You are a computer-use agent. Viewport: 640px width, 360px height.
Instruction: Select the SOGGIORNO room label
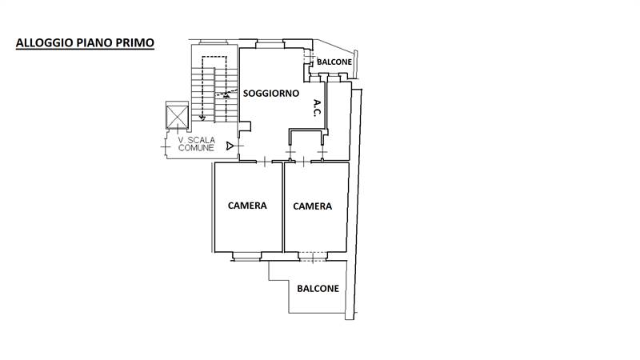pyautogui.click(x=271, y=94)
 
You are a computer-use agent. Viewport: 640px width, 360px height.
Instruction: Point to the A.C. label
pyautogui.click(x=317, y=108)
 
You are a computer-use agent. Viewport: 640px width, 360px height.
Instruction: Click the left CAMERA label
pyautogui.click(x=247, y=206)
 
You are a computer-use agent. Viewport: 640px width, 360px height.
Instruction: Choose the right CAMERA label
pyautogui.click(x=312, y=206)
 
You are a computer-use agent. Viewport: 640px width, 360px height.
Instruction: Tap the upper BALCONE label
pyautogui.click(x=334, y=62)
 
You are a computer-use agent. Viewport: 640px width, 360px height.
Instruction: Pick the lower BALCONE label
pyautogui.click(x=318, y=289)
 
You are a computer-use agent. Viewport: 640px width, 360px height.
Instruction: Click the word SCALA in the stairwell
pyautogui.click(x=202, y=140)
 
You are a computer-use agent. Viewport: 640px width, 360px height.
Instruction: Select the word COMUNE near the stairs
pyautogui.click(x=196, y=148)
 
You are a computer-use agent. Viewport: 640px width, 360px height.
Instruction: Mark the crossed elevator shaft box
pyautogui.click(x=178, y=117)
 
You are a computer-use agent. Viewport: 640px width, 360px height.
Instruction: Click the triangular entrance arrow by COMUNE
pyautogui.click(x=230, y=146)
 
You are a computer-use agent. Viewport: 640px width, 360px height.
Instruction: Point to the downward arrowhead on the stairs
pyautogui.click(x=202, y=118)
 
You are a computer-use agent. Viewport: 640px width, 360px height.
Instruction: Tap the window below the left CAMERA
pyautogui.click(x=246, y=256)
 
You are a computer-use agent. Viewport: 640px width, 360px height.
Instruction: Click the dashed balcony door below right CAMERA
pyautogui.click(x=312, y=256)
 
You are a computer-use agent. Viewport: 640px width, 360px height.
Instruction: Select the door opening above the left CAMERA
pyautogui.click(x=264, y=162)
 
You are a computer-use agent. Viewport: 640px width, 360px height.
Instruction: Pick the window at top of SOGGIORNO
pyautogui.click(x=270, y=44)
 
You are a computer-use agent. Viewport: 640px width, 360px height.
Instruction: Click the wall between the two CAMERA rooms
pyautogui.click(x=283, y=207)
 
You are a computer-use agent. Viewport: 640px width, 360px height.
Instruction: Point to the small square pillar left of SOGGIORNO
pyautogui.click(x=245, y=126)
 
